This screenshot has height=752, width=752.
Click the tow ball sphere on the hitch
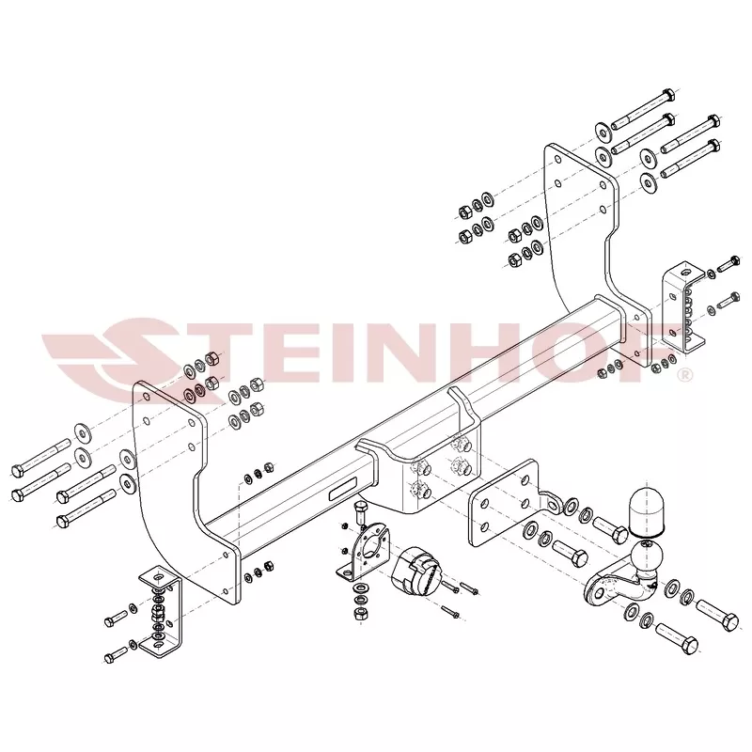pos(647,556)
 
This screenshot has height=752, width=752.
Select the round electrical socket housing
pos(415,570)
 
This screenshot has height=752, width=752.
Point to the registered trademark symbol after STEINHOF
pos(685,374)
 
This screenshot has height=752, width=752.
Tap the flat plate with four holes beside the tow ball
pos(504,503)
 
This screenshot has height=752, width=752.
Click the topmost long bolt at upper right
pos(643,109)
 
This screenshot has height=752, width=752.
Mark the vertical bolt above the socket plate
pos(360,512)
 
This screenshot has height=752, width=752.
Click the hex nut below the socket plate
pos(360,613)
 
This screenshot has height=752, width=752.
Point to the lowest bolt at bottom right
pos(676,636)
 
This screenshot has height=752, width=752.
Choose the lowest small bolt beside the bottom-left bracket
pos(115,654)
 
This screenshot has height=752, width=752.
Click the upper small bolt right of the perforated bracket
pos(728,263)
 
